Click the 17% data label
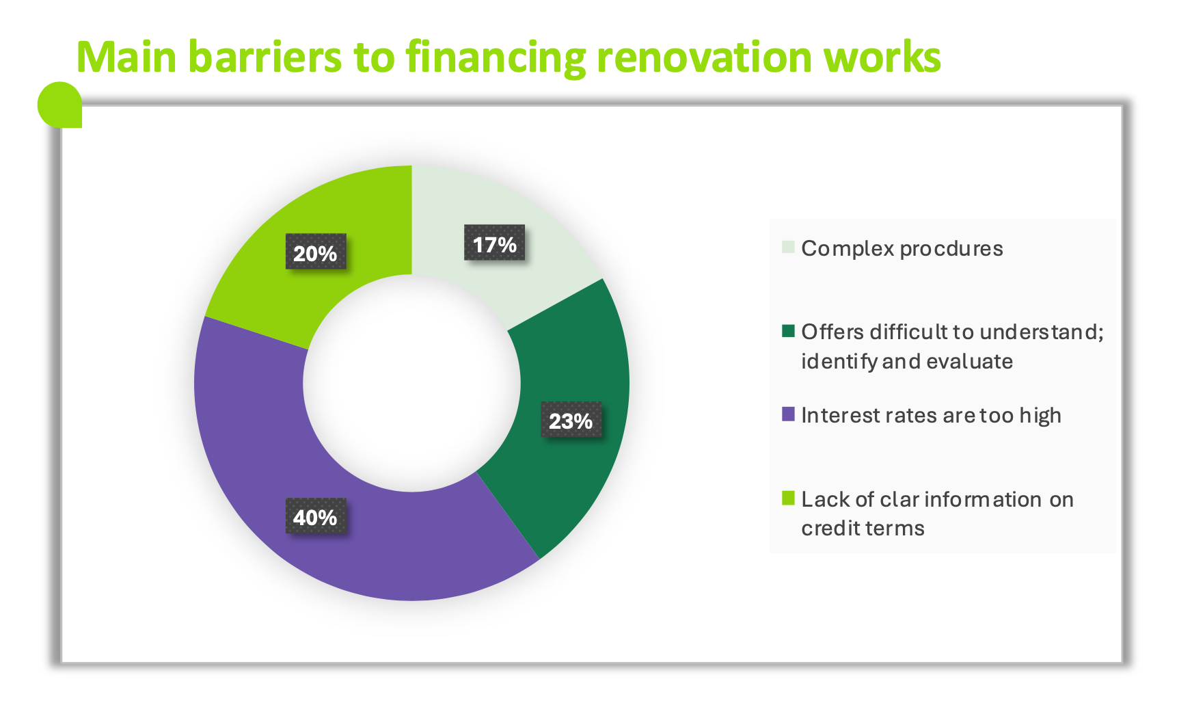pos(494,243)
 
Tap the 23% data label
pos(571,420)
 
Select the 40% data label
pos(315,516)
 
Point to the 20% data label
pos(315,252)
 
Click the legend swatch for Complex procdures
pos(788,247)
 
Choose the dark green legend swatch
pos(788,331)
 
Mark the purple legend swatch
pos(788,414)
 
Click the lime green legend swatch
pos(788,498)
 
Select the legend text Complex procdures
pos(902,249)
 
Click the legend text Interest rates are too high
pos(931,416)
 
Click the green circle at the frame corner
pos(59,105)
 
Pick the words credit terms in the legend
pos(863,529)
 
